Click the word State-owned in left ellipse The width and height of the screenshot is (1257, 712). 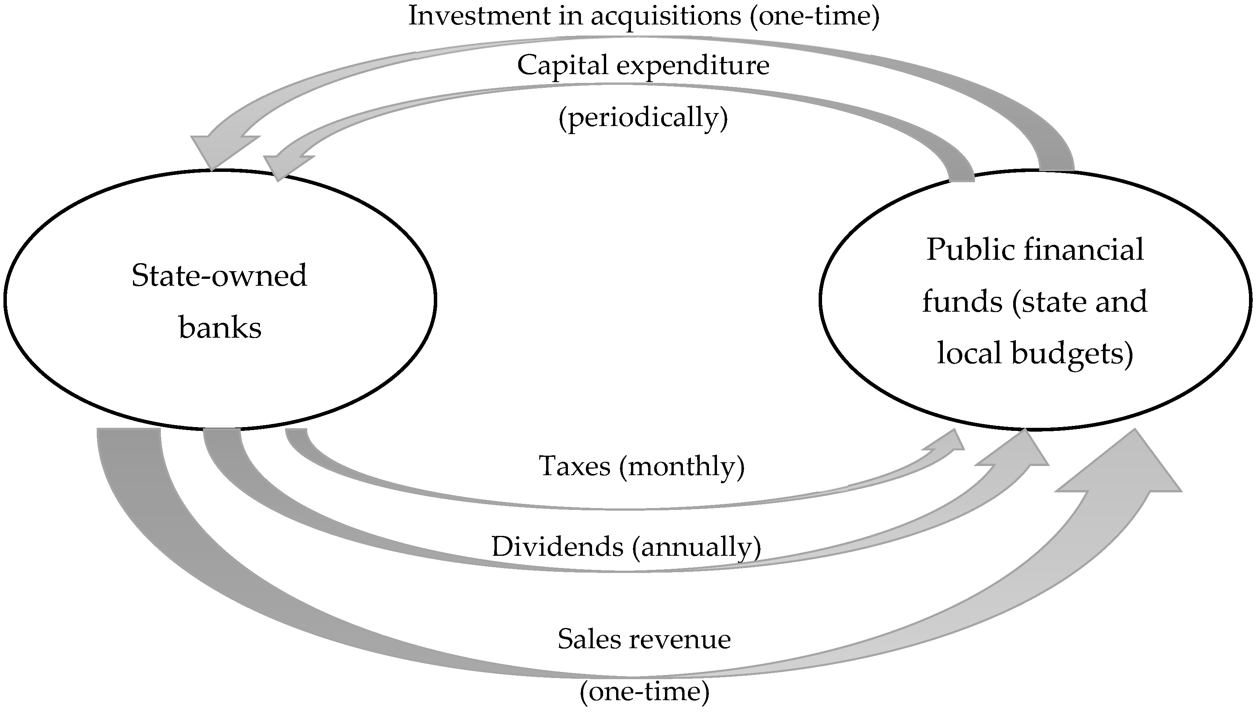[x=219, y=276]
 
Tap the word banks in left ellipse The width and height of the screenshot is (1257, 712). [x=220, y=328]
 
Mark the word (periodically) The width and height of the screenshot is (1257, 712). [x=643, y=117]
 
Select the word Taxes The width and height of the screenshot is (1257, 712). [x=574, y=466]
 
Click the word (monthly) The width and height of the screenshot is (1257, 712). [x=681, y=466]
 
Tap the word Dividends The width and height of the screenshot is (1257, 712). [x=557, y=546]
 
